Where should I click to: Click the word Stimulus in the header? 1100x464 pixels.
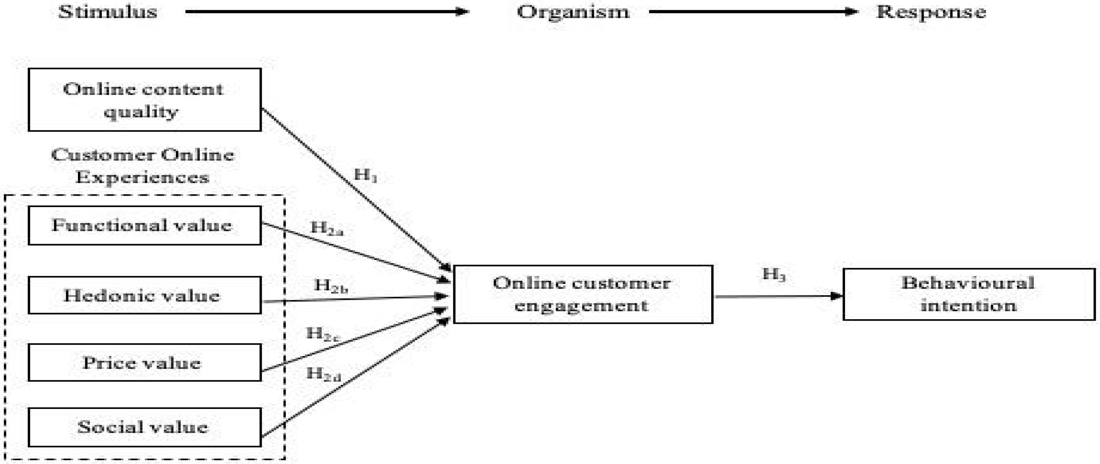click(108, 12)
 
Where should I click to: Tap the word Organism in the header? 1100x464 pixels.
click(573, 12)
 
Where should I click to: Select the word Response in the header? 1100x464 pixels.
click(931, 12)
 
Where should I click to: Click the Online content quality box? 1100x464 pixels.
click(144, 100)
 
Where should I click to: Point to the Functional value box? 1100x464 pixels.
click(144, 226)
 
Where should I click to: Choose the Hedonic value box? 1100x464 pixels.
click(144, 295)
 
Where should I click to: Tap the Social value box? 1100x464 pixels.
click(144, 427)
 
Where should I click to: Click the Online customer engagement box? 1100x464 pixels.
click(583, 295)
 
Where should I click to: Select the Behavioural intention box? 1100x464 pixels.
click(969, 295)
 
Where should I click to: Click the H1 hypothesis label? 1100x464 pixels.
click(366, 175)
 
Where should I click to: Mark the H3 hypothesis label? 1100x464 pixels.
click(774, 275)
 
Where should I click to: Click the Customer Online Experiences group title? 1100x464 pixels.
click(142, 166)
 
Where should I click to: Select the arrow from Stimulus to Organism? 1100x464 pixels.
click(327, 11)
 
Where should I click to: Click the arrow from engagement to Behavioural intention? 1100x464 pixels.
click(777, 296)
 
